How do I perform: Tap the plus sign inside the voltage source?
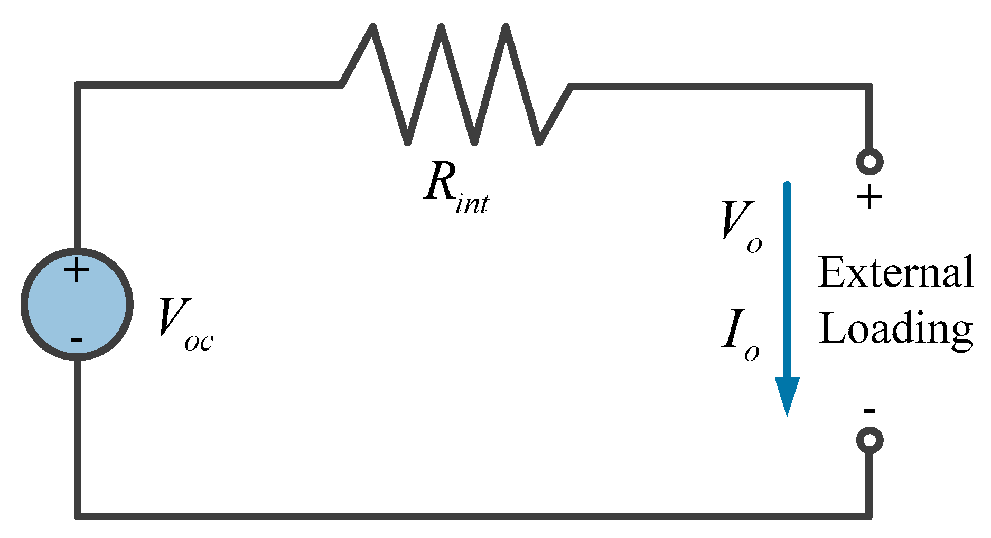coord(77,270)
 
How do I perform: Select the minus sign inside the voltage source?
coord(77,339)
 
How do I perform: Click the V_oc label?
coord(185,323)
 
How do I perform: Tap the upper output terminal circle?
coord(870,162)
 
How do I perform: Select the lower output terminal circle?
coord(870,440)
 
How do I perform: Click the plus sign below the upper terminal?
coord(870,198)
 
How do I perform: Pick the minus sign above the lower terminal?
coord(870,411)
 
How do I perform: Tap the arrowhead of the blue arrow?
coord(787,396)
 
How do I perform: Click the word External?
coord(895,273)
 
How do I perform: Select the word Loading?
coord(895,328)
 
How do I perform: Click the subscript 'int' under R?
coord(472,203)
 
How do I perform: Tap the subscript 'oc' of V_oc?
coord(199,342)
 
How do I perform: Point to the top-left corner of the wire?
coord(78,85)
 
